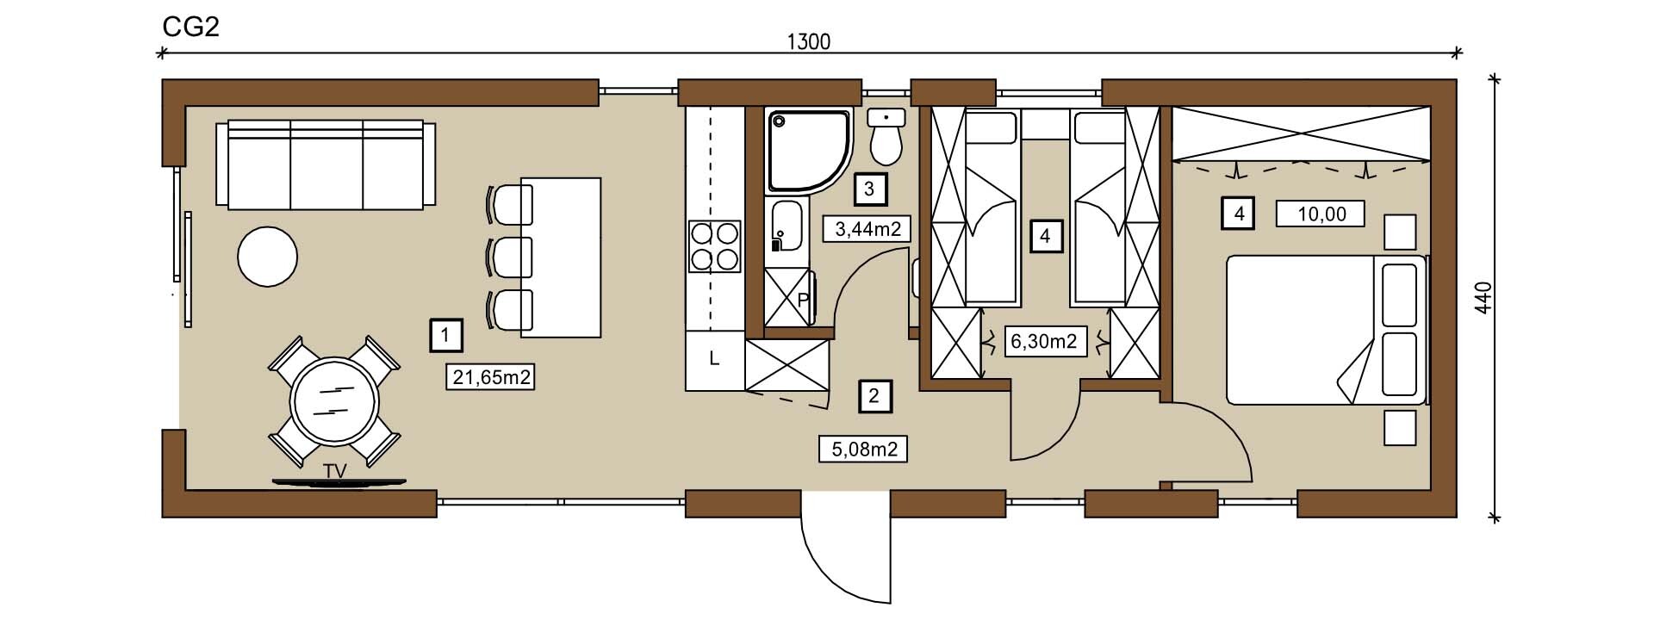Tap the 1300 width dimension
pos(809,41)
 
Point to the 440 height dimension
pos(1482,298)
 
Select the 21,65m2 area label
pos(491,376)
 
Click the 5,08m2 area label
pos(863,449)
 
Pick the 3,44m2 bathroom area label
pos(867,229)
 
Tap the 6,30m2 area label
pos(1043,341)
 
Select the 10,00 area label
pos(1321,213)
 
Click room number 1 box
pos(445,335)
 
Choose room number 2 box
pos(875,396)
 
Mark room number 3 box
pos(869,189)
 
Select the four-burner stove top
pos(714,246)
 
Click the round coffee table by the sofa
pos(268,256)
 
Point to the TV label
pos(336,471)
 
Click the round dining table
pos(333,402)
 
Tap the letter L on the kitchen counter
pos(714,359)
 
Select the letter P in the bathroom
pos(803,301)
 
